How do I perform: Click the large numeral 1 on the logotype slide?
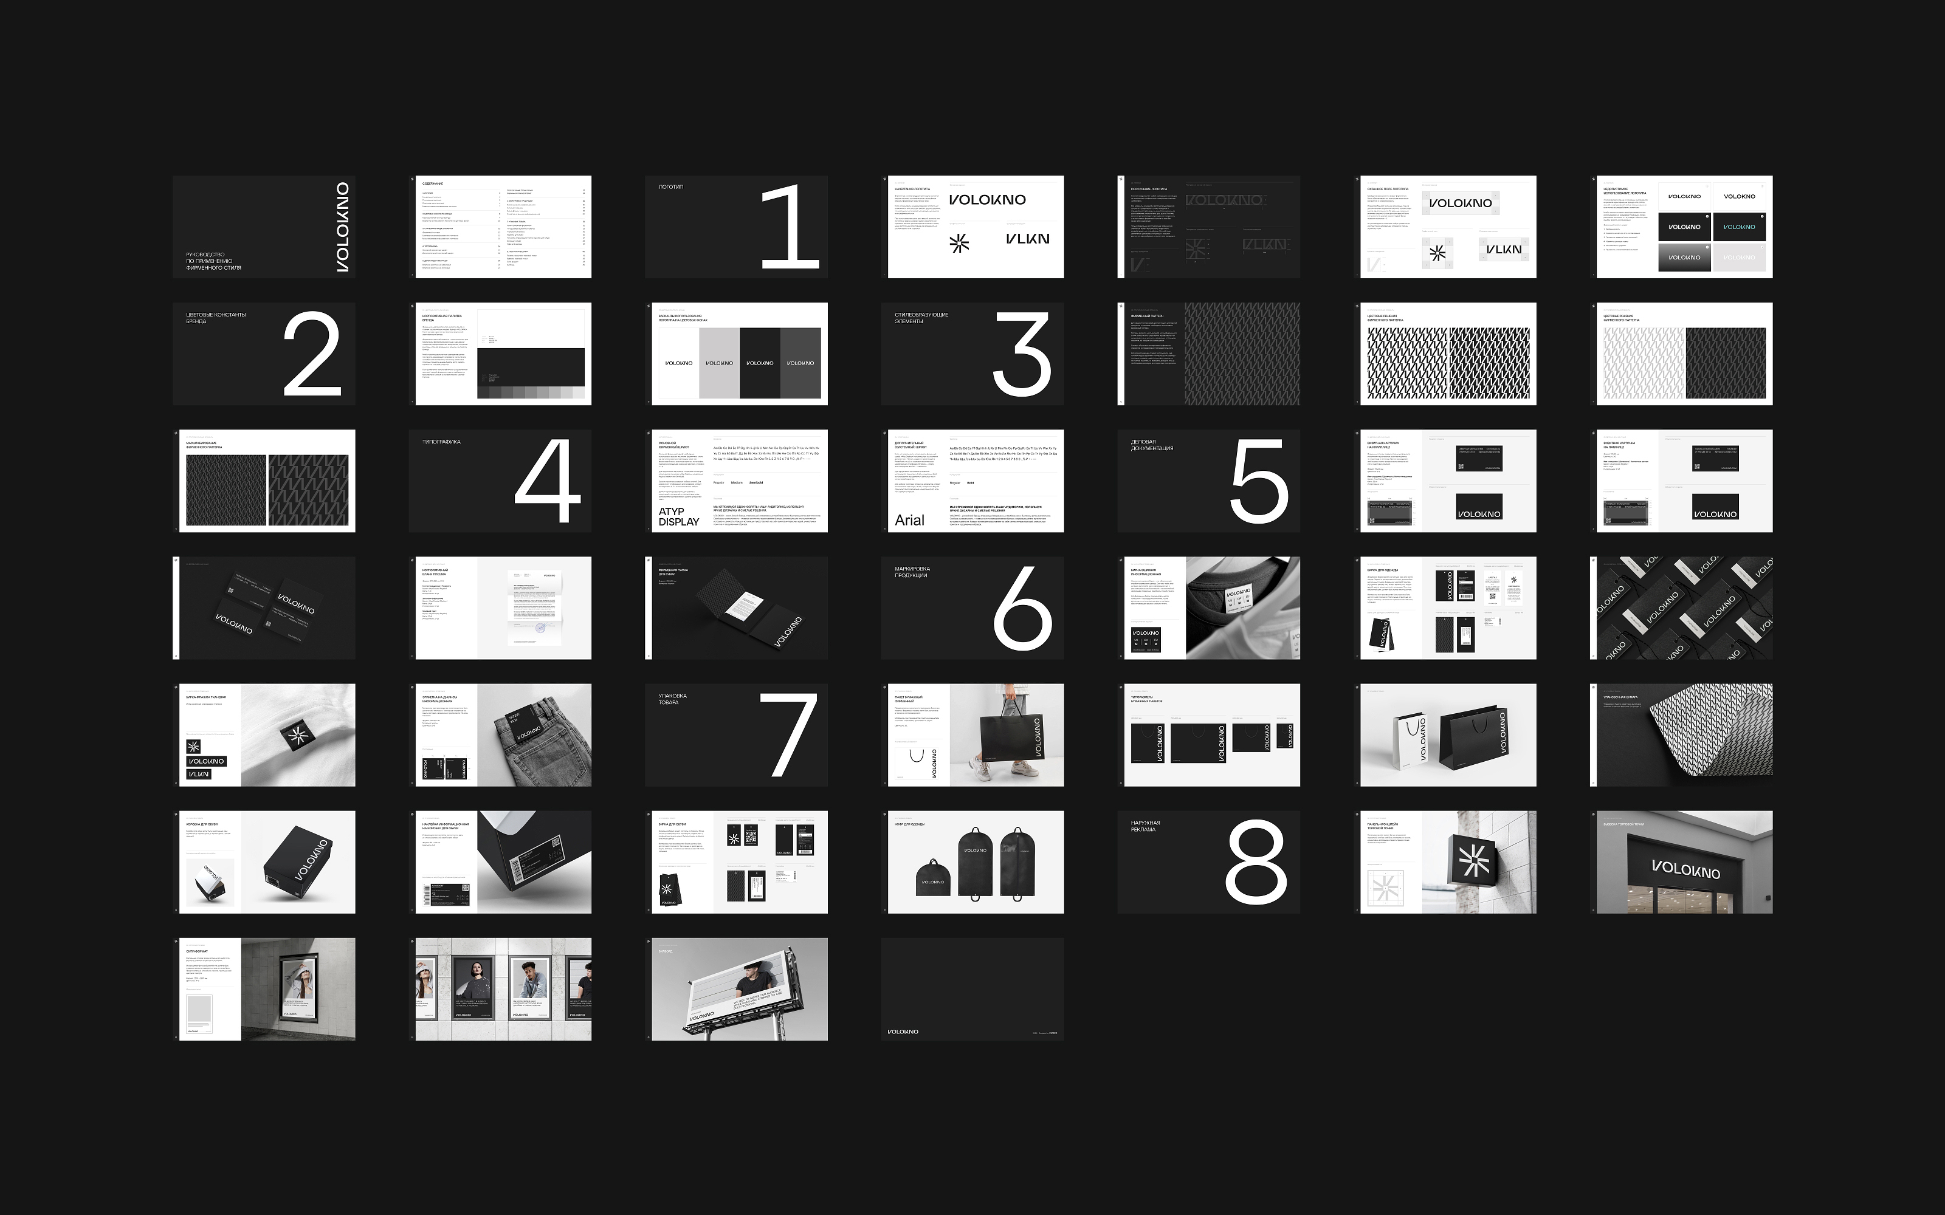coord(790,227)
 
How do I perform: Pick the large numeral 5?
coord(1259,481)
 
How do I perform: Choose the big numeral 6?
coord(1022,608)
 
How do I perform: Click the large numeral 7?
coord(788,735)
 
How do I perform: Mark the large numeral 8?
coord(1255,862)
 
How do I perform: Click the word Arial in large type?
coord(910,520)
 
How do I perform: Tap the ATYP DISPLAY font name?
coord(679,517)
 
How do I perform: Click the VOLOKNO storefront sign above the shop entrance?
coord(1685,869)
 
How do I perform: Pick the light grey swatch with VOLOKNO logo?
coord(719,363)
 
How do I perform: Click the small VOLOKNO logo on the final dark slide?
coord(903,1032)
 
